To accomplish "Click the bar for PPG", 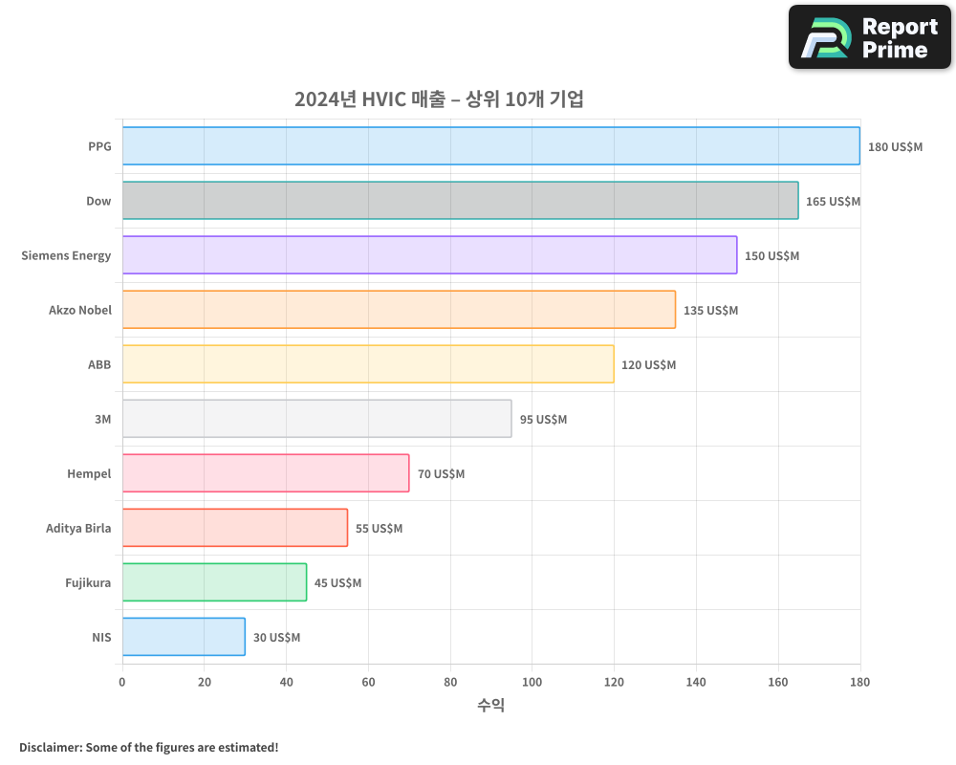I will (490, 146).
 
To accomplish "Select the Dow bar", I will (460, 201).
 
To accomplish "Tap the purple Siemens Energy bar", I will (429, 255).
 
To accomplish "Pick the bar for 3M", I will (316, 419).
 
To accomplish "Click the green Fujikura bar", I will (214, 582).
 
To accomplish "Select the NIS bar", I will (184, 637).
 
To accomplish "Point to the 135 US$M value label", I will (710, 311).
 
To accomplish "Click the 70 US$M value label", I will (441, 474).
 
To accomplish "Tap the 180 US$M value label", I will (895, 147).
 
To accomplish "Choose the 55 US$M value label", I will (379, 529).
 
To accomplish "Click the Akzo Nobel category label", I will (80, 310).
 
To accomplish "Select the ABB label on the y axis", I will (99, 364).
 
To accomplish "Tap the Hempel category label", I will (89, 473).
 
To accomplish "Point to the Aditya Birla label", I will (78, 528).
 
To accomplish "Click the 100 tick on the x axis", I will (532, 683).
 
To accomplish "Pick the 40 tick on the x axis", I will (286, 683).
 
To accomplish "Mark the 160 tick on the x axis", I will (778, 683).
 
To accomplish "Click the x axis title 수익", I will (490, 706).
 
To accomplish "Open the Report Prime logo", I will (870, 37).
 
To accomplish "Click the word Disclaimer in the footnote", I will (49, 747).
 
